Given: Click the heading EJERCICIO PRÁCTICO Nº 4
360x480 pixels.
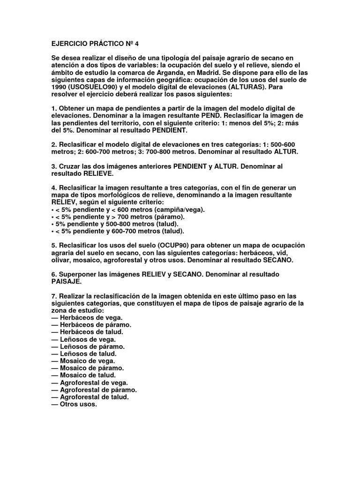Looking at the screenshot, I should (95, 45).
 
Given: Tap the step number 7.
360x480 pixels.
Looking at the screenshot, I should (53, 296).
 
